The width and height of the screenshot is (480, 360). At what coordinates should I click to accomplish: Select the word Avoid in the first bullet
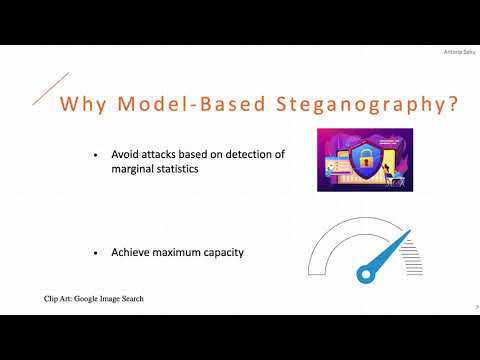click(123, 156)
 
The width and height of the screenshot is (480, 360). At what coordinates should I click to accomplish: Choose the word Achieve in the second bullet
click(129, 252)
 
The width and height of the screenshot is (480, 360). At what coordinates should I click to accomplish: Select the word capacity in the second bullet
click(225, 252)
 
